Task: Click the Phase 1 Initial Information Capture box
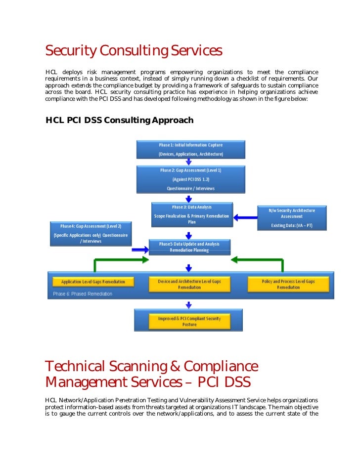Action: (190, 150)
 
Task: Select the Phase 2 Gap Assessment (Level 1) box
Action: (190, 179)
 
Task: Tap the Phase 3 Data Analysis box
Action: (192, 214)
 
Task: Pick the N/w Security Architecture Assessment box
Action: (291, 218)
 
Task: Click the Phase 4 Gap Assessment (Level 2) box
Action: (90, 233)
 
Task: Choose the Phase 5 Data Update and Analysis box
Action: (189, 247)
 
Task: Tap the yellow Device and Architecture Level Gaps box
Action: (189, 284)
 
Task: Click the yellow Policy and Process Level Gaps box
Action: (288, 284)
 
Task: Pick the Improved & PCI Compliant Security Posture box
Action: (188, 321)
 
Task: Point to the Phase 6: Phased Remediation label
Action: (83, 294)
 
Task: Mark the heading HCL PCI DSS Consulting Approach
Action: (119, 120)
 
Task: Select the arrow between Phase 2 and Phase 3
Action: (188, 199)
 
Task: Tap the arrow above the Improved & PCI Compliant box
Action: (188, 305)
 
